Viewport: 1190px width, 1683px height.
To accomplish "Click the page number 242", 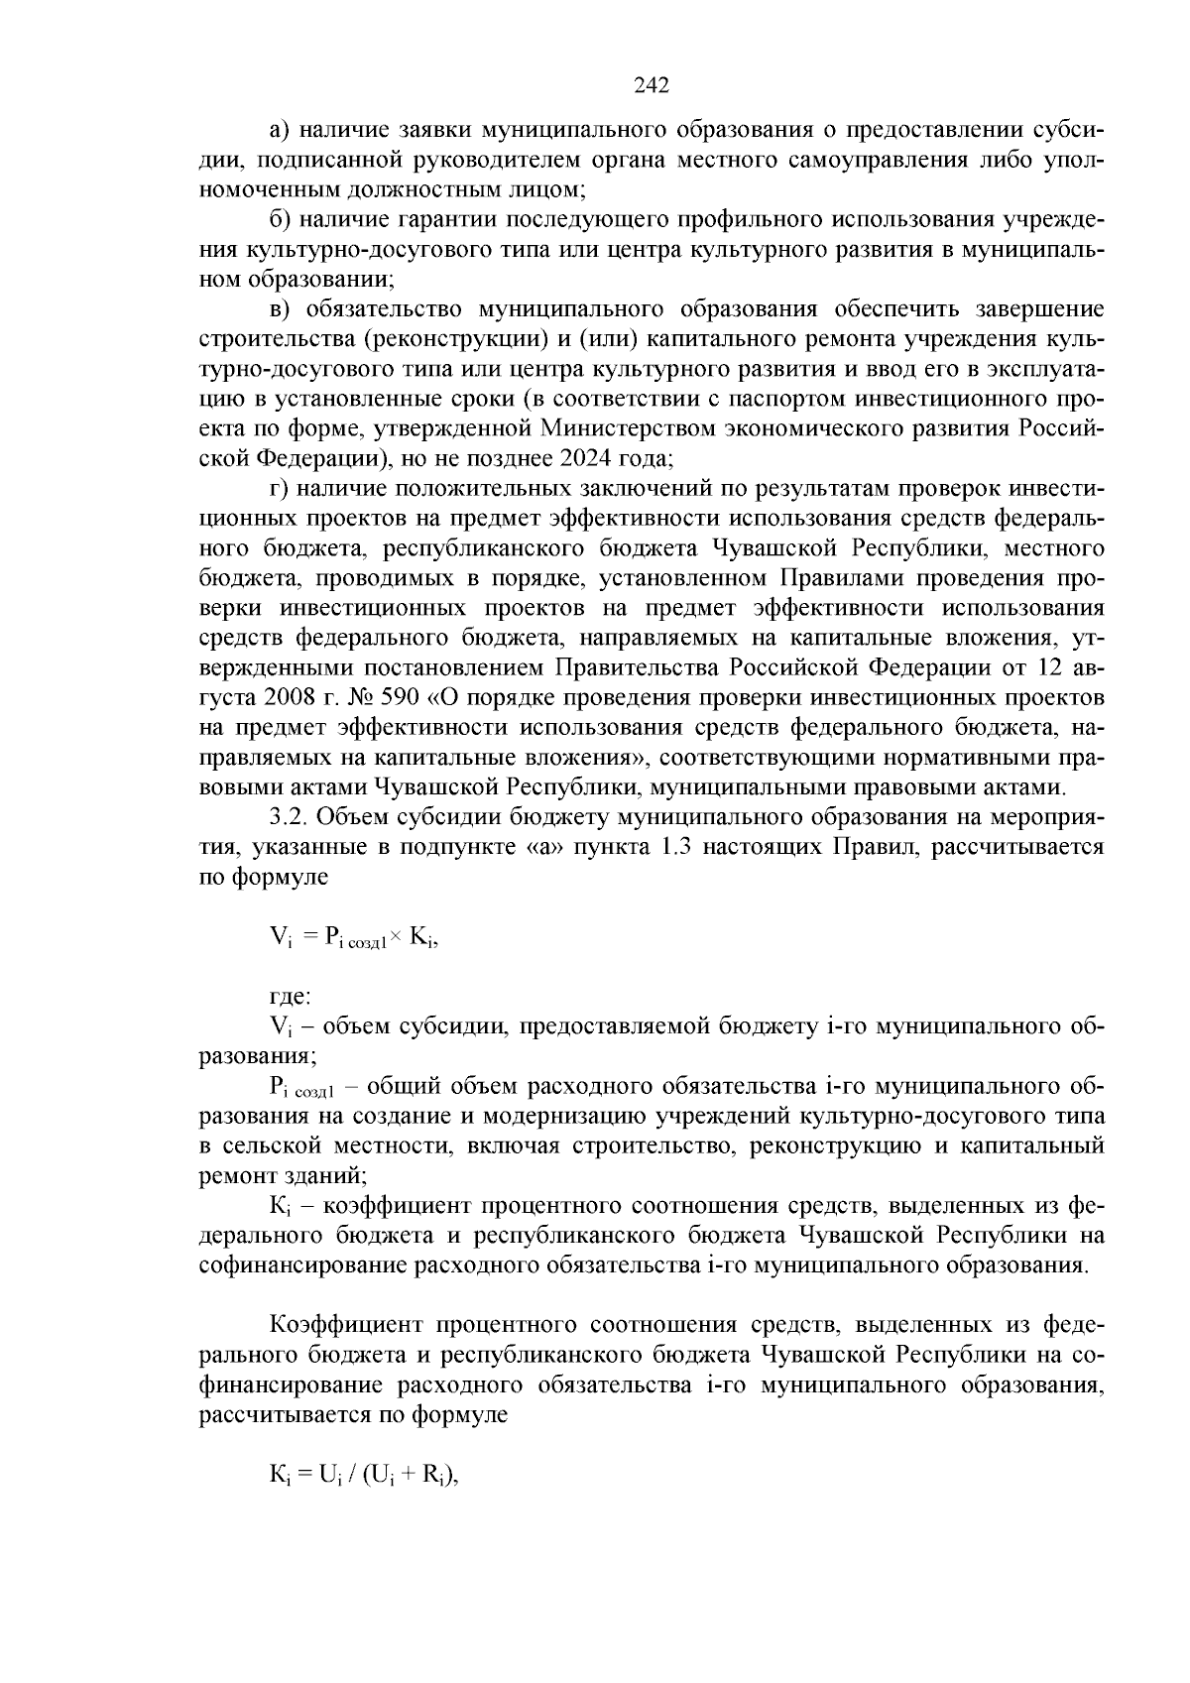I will click(652, 85).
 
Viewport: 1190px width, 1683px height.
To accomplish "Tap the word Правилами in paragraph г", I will click(839, 579).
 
